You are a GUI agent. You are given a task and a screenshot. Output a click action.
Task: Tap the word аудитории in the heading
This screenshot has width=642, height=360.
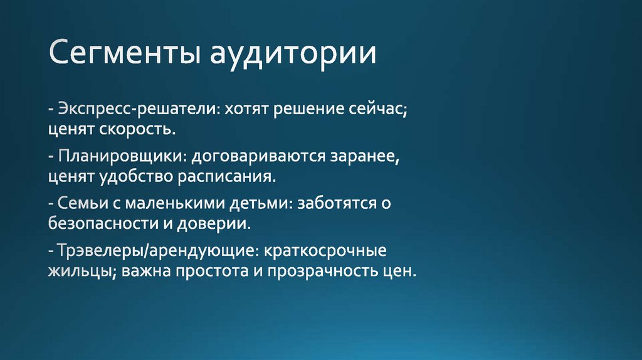[x=293, y=55]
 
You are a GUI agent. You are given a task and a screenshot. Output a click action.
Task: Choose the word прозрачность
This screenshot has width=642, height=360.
[x=326, y=271]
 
